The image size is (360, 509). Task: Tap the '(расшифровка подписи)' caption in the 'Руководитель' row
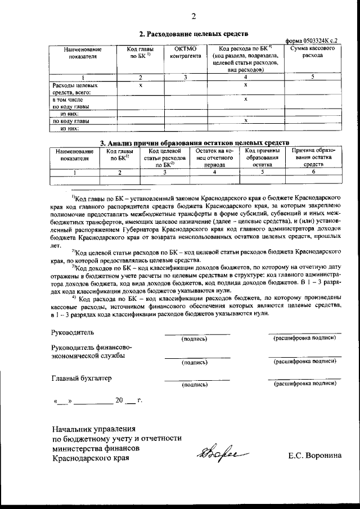pos(304,339)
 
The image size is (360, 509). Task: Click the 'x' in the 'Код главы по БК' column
pos(141,85)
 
